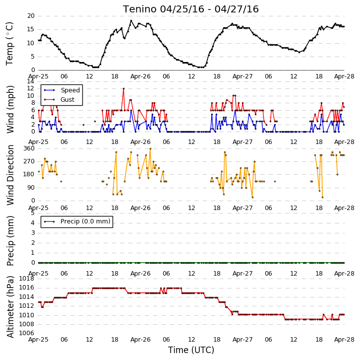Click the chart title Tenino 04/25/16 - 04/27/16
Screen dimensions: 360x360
(x=191, y=9)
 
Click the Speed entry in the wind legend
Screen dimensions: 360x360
(x=70, y=90)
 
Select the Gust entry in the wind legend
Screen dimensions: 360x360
(x=67, y=99)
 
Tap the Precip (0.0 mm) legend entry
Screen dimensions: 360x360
(x=85, y=221)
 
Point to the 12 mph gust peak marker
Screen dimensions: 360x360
(x=123, y=88)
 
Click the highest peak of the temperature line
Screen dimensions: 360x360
(x=131, y=20)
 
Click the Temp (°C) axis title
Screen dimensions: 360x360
(x=9, y=44)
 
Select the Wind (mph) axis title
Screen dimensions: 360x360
(x=10, y=109)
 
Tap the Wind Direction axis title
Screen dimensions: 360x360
(x=10, y=175)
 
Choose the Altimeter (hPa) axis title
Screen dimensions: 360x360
(x=10, y=307)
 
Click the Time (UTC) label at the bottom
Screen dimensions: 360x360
(x=191, y=350)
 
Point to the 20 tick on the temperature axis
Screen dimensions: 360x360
(x=31, y=16)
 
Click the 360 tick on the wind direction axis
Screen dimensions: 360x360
(x=29, y=148)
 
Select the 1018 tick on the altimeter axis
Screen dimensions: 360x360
(x=26, y=279)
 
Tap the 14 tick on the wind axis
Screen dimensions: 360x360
(x=31, y=81)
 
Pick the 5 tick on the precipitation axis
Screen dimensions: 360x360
(x=33, y=213)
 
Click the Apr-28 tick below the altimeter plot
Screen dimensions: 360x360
(x=344, y=340)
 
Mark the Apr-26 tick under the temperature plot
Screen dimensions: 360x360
(x=140, y=76)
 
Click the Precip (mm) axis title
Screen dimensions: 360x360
(x=10, y=241)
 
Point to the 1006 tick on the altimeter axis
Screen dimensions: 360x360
(x=26, y=333)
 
